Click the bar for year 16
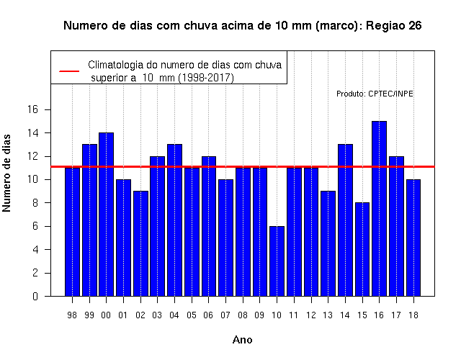click(379, 208)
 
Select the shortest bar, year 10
click(277, 261)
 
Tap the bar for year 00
click(106, 215)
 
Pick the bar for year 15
click(362, 249)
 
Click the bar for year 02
click(140, 243)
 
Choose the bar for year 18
click(413, 238)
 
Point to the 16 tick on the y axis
click(48, 109)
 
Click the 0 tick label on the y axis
click(35, 296)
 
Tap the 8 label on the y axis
click(35, 203)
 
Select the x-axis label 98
click(72, 315)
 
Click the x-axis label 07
click(225, 315)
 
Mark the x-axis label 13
click(328, 315)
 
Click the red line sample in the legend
click(69, 71)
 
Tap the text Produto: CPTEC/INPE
click(375, 94)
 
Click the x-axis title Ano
click(243, 340)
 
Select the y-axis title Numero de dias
click(6, 174)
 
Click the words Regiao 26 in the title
click(394, 26)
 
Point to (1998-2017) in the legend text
click(207, 78)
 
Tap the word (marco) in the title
click(339, 26)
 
